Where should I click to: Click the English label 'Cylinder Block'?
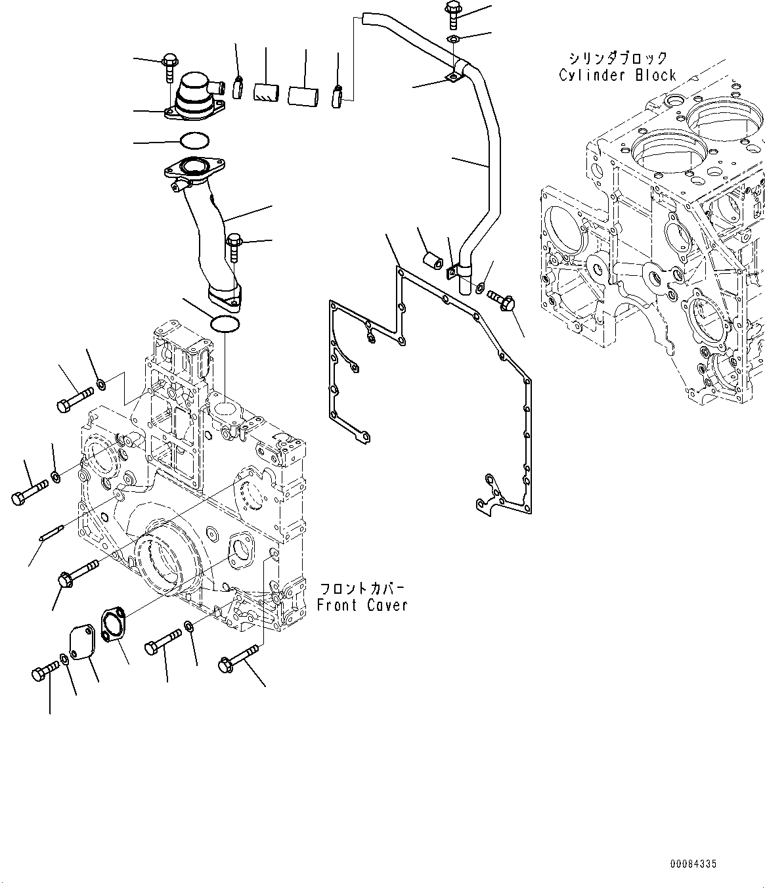[617, 76]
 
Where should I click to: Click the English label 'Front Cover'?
[362, 605]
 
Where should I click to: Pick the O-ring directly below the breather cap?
[194, 141]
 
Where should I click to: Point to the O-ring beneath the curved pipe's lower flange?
[225, 323]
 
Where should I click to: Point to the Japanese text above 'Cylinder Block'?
[617, 58]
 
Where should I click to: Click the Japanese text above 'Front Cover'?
[362, 588]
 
